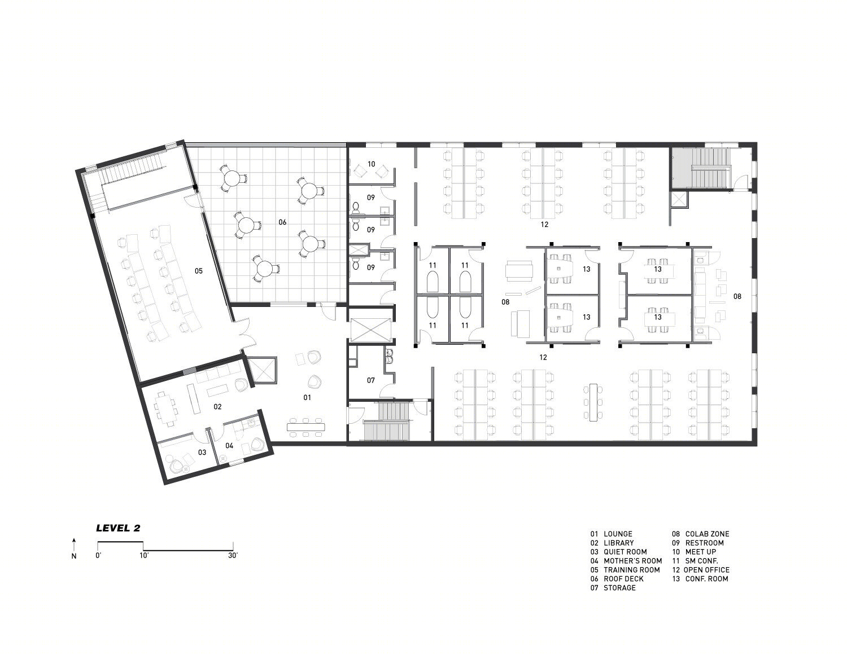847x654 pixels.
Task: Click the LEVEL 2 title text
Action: tap(118, 528)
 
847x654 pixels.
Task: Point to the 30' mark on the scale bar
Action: tap(233, 556)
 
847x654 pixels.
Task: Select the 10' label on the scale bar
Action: tap(144, 556)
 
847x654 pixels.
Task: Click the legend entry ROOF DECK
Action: tap(617, 579)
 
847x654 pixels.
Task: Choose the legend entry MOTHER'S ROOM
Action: tap(626, 561)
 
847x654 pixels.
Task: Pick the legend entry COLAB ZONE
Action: tap(700, 534)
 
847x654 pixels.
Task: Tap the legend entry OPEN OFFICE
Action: tap(700, 570)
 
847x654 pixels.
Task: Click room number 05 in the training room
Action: tap(199, 271)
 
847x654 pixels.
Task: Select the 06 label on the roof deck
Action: tap(282, 222)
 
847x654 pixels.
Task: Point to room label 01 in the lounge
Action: tap(307, 397)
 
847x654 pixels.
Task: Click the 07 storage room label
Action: tap(370, 380)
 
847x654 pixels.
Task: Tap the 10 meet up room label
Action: tap(371, 164)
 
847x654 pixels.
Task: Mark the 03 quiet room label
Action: tap(202, 452)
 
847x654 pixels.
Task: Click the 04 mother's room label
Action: tap(229, 446)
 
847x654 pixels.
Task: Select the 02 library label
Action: tap(217, 407)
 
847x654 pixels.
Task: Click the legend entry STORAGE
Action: tap(613, 588)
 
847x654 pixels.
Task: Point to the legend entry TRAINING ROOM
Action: tap(625, 570)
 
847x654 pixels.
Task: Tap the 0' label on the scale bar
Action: tap(98, 556)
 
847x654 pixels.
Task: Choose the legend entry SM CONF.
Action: tap(695, 561)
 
